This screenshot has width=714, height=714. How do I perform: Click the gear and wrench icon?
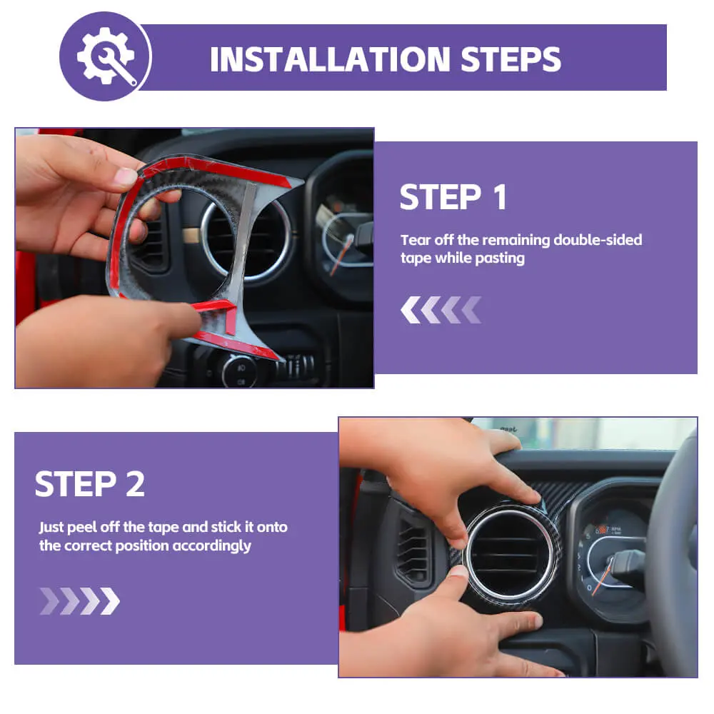(x=106, y=56)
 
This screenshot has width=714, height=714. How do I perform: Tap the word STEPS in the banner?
(x=511, y=59)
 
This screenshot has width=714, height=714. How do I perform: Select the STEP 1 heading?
(x=453, y=197)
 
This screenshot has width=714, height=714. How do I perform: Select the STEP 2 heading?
(x=90, y=484)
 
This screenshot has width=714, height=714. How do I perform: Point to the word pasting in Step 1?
(x=500, y=258)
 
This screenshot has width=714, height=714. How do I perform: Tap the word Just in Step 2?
(x=51, y=527)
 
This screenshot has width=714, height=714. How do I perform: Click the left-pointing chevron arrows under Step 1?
(x=441, y=310)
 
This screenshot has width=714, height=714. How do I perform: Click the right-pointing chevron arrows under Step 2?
(x=80, y=601)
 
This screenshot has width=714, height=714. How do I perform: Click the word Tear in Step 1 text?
(x=415, y=239)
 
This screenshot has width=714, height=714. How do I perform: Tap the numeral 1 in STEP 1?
(x=500, y=197)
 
